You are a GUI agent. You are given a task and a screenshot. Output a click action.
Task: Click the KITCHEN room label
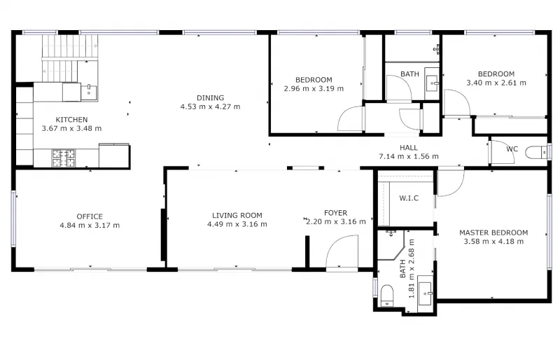coord(72,119)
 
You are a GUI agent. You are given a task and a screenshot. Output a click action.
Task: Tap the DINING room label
coord(210,97)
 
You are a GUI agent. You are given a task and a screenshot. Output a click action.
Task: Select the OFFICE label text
coord(90,216)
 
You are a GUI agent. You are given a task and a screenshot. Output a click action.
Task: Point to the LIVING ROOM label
coord(237,215)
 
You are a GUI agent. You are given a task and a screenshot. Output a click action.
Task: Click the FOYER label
coord(335,213)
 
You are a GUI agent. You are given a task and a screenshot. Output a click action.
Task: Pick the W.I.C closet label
coord(408,198)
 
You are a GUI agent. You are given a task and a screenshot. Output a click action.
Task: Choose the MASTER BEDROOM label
coord(493,233)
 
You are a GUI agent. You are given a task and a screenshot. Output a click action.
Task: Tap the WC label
coord(512,149)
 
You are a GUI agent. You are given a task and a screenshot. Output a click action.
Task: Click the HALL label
coord(409,147)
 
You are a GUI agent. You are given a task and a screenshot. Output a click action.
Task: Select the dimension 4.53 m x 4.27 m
coord(210,107)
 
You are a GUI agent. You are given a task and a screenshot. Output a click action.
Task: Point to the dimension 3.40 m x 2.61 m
coord(496,83)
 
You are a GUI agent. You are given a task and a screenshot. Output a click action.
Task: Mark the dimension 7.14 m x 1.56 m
coord(409,156)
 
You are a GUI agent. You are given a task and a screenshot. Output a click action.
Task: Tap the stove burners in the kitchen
coord(64,157)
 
